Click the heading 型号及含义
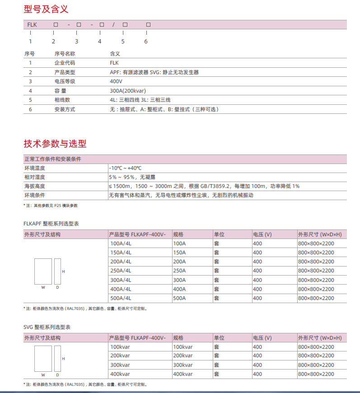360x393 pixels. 46,9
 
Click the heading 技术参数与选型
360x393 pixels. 55,144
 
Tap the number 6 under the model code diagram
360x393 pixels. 146,42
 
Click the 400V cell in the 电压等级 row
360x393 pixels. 116,81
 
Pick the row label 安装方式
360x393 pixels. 65,109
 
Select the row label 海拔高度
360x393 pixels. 35,186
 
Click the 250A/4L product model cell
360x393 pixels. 121,271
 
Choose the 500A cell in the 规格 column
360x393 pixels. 179,298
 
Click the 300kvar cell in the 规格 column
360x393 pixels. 183,365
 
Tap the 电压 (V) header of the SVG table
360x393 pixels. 262,337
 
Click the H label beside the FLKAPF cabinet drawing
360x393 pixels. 63,271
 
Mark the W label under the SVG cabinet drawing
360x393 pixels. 43,375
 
